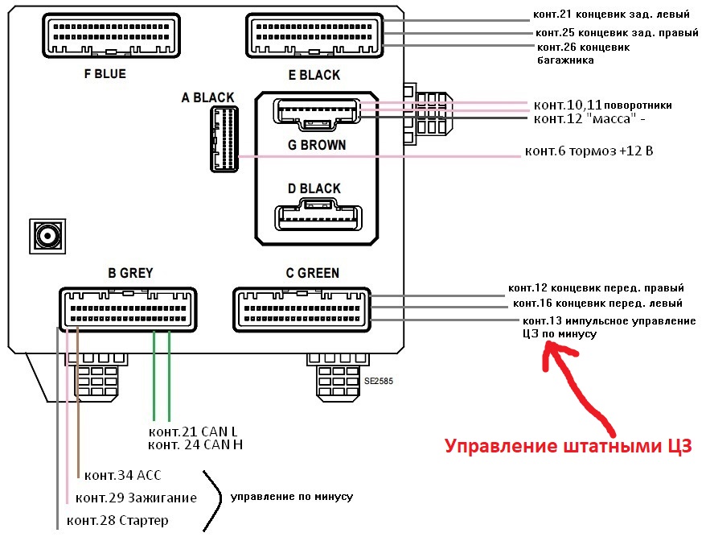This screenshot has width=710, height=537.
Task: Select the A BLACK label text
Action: (x=207, y=97)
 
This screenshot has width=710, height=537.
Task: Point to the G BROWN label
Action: (x=317, y=145)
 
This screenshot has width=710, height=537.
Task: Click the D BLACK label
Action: (x=314, y=188)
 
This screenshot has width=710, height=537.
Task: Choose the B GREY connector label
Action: (x=130, y=273)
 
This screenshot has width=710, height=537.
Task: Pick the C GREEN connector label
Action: (x=313, y=273)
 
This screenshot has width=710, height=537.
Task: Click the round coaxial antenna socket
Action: (x=47, y=236)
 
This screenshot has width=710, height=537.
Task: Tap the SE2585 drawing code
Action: (x=378, y=380)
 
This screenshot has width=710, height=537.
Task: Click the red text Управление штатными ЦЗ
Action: (x=568, y=447)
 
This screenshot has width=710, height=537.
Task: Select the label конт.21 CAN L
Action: (x=195, y=432)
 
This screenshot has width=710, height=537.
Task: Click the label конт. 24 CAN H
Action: (x=196, y=444)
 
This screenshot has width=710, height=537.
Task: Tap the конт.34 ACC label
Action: (x=123, y=474)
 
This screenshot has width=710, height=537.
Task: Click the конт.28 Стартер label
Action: (x=117, y=520)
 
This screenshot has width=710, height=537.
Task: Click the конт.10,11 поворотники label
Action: (x=602, y=105)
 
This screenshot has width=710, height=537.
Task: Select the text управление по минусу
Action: (x=292, y=497)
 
